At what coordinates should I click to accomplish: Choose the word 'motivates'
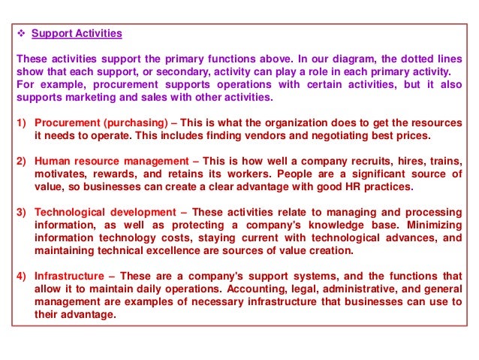[60, 174]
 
